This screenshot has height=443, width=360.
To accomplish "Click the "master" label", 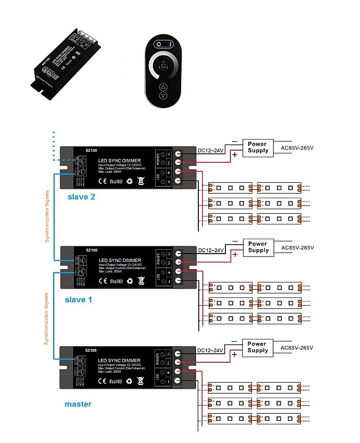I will (x=78, y=404).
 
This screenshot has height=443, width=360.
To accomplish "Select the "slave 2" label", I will (x=82, y=197).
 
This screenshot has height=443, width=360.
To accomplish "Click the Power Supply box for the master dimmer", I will (x=258, y=347).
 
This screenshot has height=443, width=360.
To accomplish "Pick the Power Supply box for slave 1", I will (x=258, y=247).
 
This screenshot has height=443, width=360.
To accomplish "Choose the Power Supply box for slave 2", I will (x=258, y=147).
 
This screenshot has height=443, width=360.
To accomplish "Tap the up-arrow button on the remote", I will (x=163, y=87).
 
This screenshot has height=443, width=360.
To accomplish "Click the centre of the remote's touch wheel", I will (x=163, y=65).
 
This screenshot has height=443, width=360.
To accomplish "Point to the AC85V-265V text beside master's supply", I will (x=297, y=348).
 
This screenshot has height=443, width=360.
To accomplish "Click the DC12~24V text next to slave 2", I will (x=211, y=150).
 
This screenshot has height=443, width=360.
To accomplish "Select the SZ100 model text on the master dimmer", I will (x=91, y=351).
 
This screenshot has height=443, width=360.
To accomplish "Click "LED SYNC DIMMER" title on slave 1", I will (x=120, y=260).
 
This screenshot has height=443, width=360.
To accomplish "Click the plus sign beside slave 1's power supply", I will (x=235, y=254).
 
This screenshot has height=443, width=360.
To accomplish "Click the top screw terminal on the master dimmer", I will (x=178, y=353).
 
